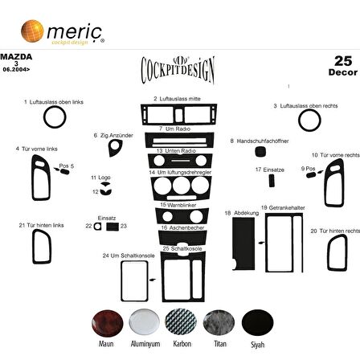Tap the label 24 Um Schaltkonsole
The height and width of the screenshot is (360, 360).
point(117,255)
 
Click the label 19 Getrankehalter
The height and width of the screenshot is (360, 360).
point(276,207)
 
